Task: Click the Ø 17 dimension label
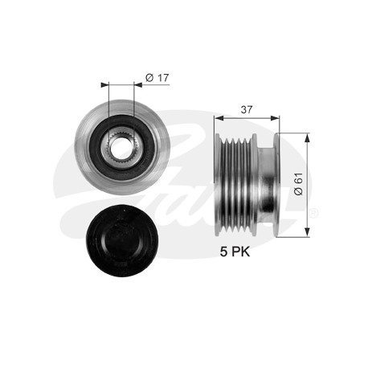coord(157,78)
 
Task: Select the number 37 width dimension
coord(247,109)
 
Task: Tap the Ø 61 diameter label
coord(298,184)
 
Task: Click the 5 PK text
coord(235,251)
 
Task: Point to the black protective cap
coord(122,241)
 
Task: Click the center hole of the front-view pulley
coord(121,148)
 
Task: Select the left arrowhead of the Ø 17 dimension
coord(105,85)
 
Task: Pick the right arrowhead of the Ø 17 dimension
coord(137,85)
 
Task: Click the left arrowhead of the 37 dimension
coord(219,118)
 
